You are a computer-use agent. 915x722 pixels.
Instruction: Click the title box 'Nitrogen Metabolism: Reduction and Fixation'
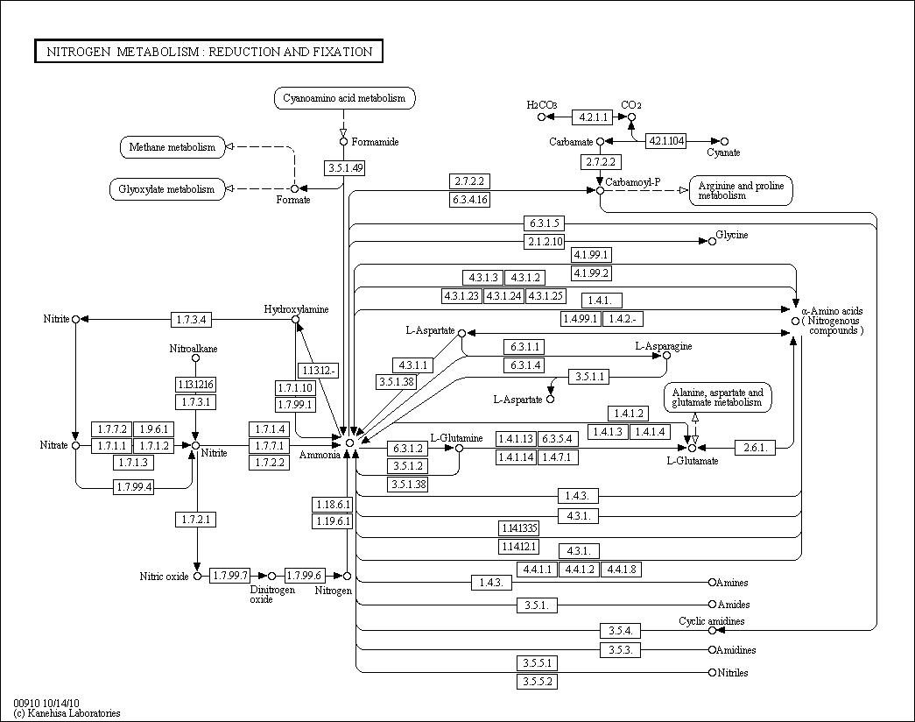[x=209, y=52]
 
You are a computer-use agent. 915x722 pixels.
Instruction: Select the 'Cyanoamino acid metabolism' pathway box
[x=344, y=98]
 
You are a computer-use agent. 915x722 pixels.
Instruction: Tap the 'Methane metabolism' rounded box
[x=172, y=147]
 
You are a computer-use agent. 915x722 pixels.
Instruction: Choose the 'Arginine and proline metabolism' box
[x=741, y=190]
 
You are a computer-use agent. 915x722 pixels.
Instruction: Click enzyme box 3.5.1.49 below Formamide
[x=344, y=168]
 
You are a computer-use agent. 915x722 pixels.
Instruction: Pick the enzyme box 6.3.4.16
[x=470, y=200]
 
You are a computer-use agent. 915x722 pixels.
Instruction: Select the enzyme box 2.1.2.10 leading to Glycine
[x=545, y=242]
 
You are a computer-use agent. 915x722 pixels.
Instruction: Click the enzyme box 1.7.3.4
[x=190, y=319]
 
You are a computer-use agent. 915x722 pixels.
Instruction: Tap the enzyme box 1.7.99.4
[x=133, y=486]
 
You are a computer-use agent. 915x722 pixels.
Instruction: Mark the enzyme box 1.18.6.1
[x=332, y=505]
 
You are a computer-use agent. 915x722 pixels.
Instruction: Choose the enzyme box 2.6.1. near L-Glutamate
[x=755, y=448]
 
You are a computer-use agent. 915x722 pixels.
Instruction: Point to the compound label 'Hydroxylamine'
[x=297, y=309]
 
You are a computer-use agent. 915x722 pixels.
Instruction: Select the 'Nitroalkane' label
[x=194, y=349]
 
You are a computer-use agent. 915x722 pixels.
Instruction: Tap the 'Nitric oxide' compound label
[x=164, y=577]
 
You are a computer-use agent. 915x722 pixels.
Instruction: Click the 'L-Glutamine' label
[x=456, y=437]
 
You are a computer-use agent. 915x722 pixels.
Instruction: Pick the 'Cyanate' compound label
[x=723, y=152]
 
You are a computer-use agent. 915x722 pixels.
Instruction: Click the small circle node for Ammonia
[x=349, y=443]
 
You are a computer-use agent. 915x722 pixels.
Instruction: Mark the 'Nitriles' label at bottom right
[x=733, y=672]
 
